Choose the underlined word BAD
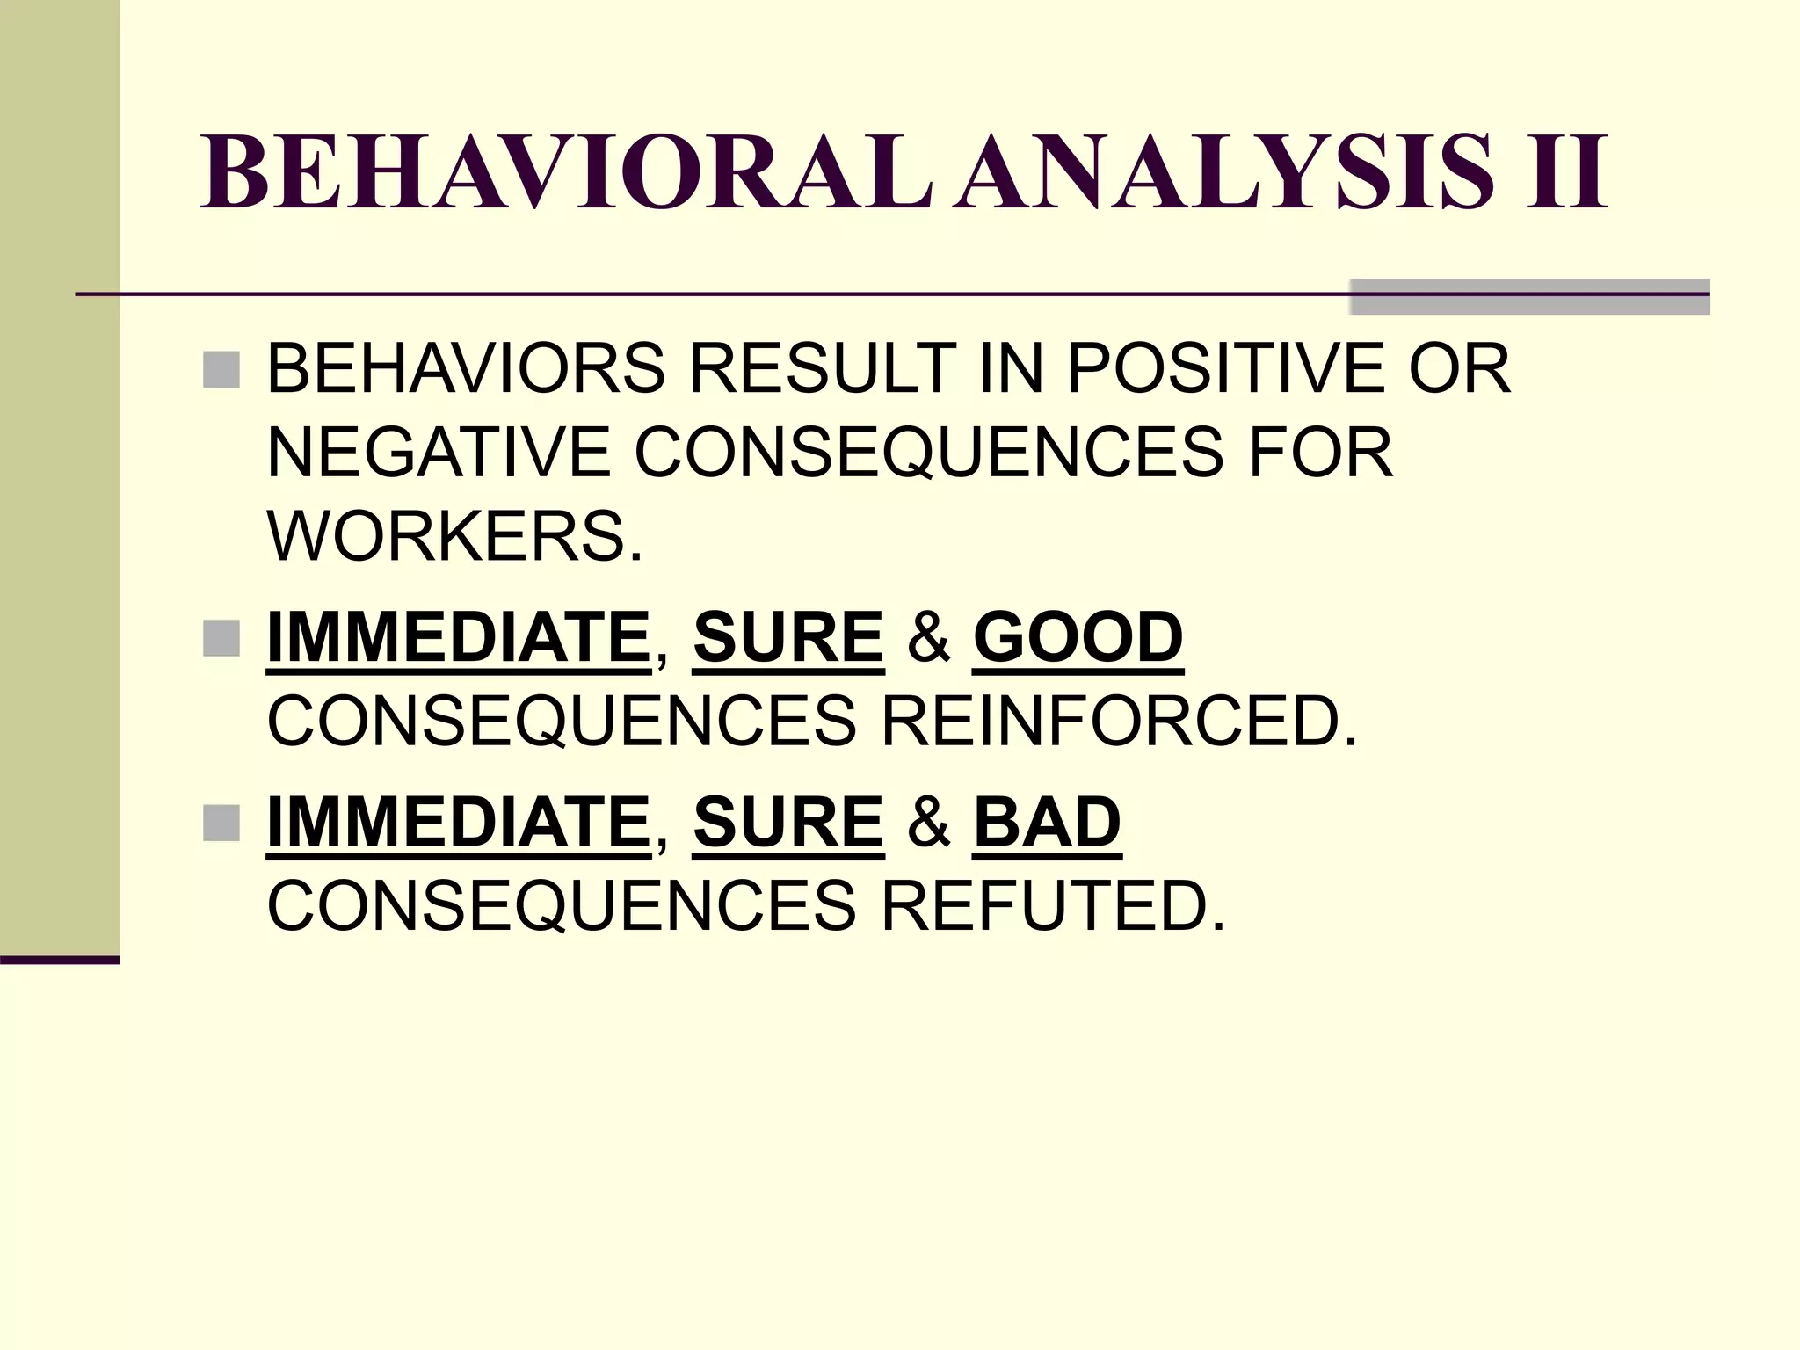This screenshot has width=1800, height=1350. [1047, 823]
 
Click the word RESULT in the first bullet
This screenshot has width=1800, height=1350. [823, 369]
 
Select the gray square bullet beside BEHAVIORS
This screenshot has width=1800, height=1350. [221, 370]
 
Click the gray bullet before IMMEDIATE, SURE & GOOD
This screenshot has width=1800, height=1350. [221, 638]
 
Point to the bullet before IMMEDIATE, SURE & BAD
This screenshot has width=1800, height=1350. [221, 824]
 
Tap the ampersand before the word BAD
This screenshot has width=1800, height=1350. [928, 823]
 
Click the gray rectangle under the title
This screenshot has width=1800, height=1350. [1529, 296]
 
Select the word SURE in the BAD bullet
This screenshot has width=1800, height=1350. [788, 823]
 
